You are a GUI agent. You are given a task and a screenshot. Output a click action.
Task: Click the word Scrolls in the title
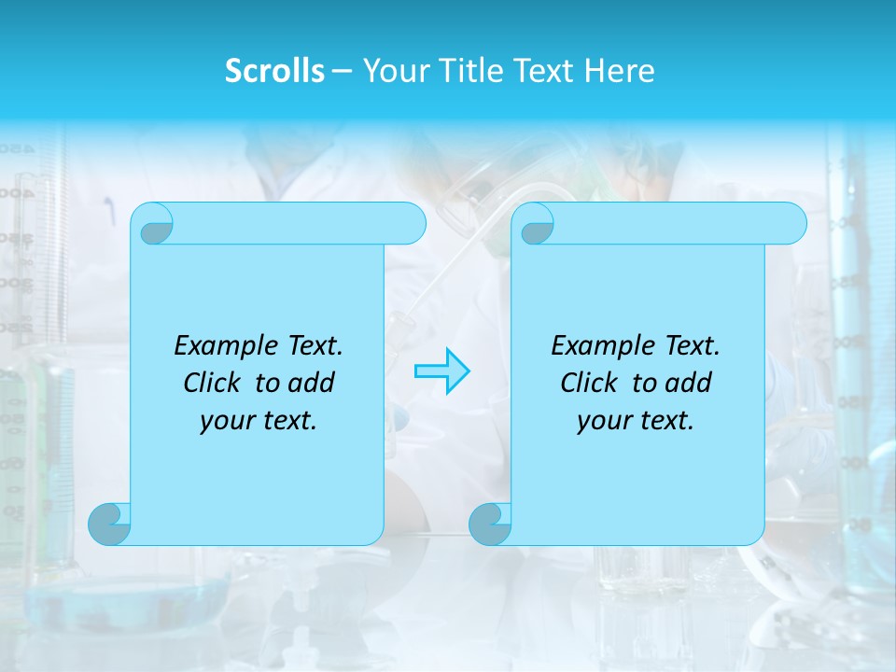pyautogui.click(x=275, y=71)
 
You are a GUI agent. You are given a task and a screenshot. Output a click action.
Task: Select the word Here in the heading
pyautogui.click(x=620, y=71)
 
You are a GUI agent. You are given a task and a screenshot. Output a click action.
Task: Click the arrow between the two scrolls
pyautogui.click(x=441, y=371)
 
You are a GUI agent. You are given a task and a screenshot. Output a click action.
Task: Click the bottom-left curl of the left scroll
pyautogui.click(x=110, y=524)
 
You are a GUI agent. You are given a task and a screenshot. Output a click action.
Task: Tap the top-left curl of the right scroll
pyautogui.click(x=536, y=225)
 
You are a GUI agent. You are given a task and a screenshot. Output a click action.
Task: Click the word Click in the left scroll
pyautogui.click(x=214, y=383)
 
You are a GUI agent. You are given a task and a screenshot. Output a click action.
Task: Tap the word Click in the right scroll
pyautogui.click(x=590, y=383)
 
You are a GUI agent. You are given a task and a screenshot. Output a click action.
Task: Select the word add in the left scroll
pyautogui.click(x=313, y=383)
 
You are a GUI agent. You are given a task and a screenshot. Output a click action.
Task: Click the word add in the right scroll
pyautogui.click(x=690, y=383)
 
